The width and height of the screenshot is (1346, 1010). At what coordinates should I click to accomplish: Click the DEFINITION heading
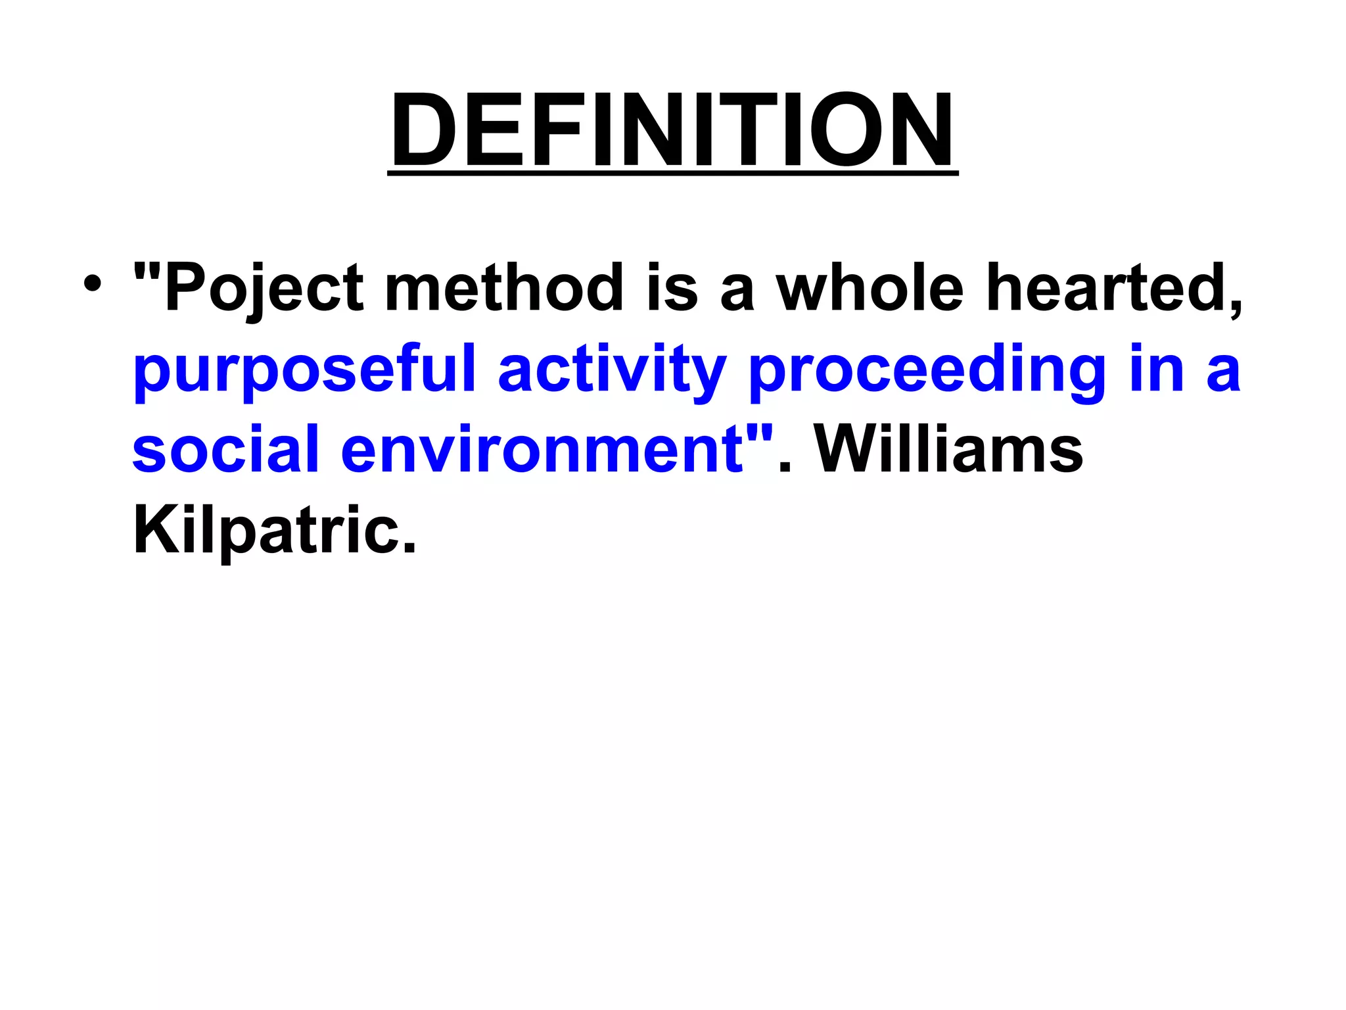tap(672, 130)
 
